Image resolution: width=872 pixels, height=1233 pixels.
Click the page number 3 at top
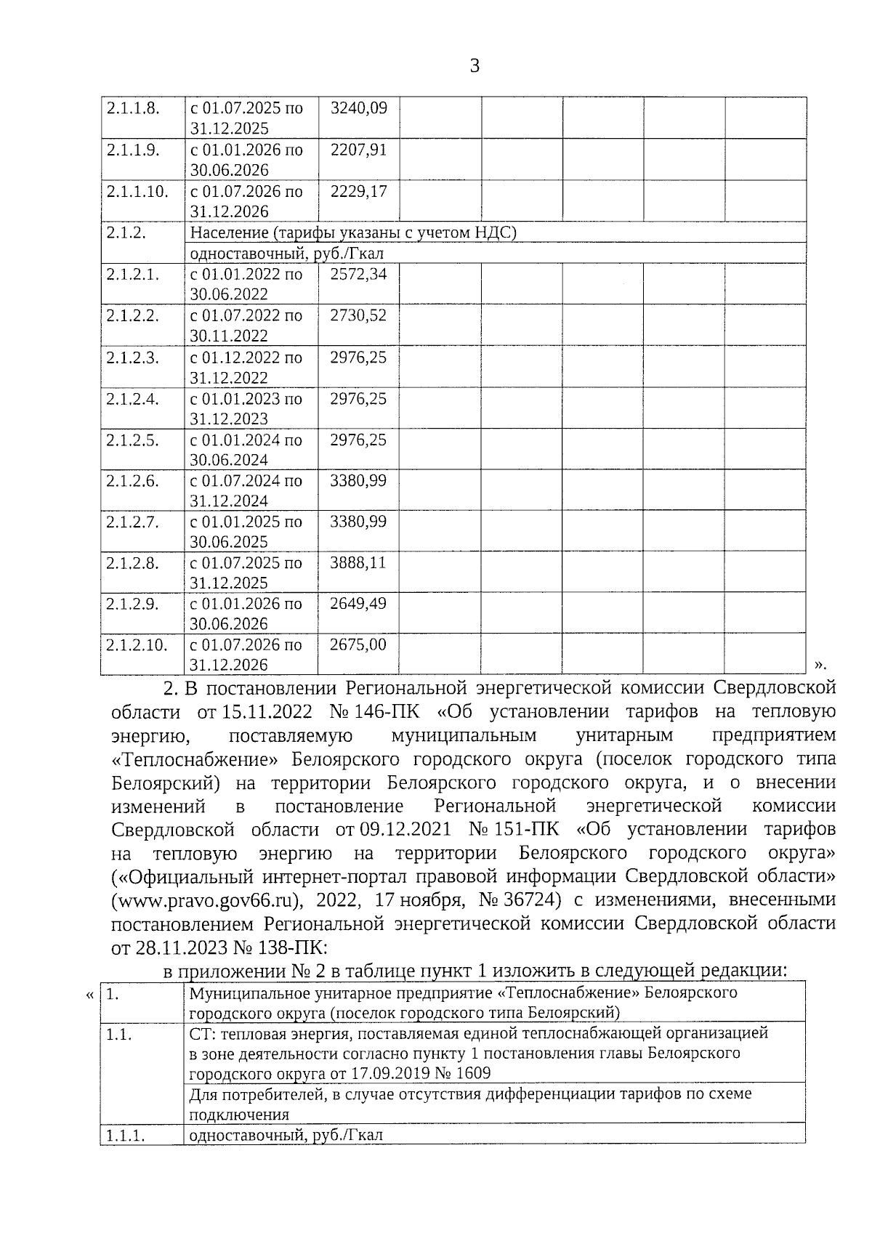click(475, 67)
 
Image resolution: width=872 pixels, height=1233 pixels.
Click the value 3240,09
click(358, 109)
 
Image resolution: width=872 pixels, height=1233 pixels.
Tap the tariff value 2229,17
click(358, 192)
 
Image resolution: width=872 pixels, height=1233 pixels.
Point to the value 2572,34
click(358, 275)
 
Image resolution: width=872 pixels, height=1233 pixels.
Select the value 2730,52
click(358, 316)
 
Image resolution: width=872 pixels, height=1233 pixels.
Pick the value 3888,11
click(358, 563)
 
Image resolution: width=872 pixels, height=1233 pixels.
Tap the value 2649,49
click(358, 604)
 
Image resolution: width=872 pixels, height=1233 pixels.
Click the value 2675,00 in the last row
click(358, 644)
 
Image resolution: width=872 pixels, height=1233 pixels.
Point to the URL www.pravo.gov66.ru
click(205, 900)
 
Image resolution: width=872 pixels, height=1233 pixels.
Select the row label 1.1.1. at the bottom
click(126, 1135)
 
